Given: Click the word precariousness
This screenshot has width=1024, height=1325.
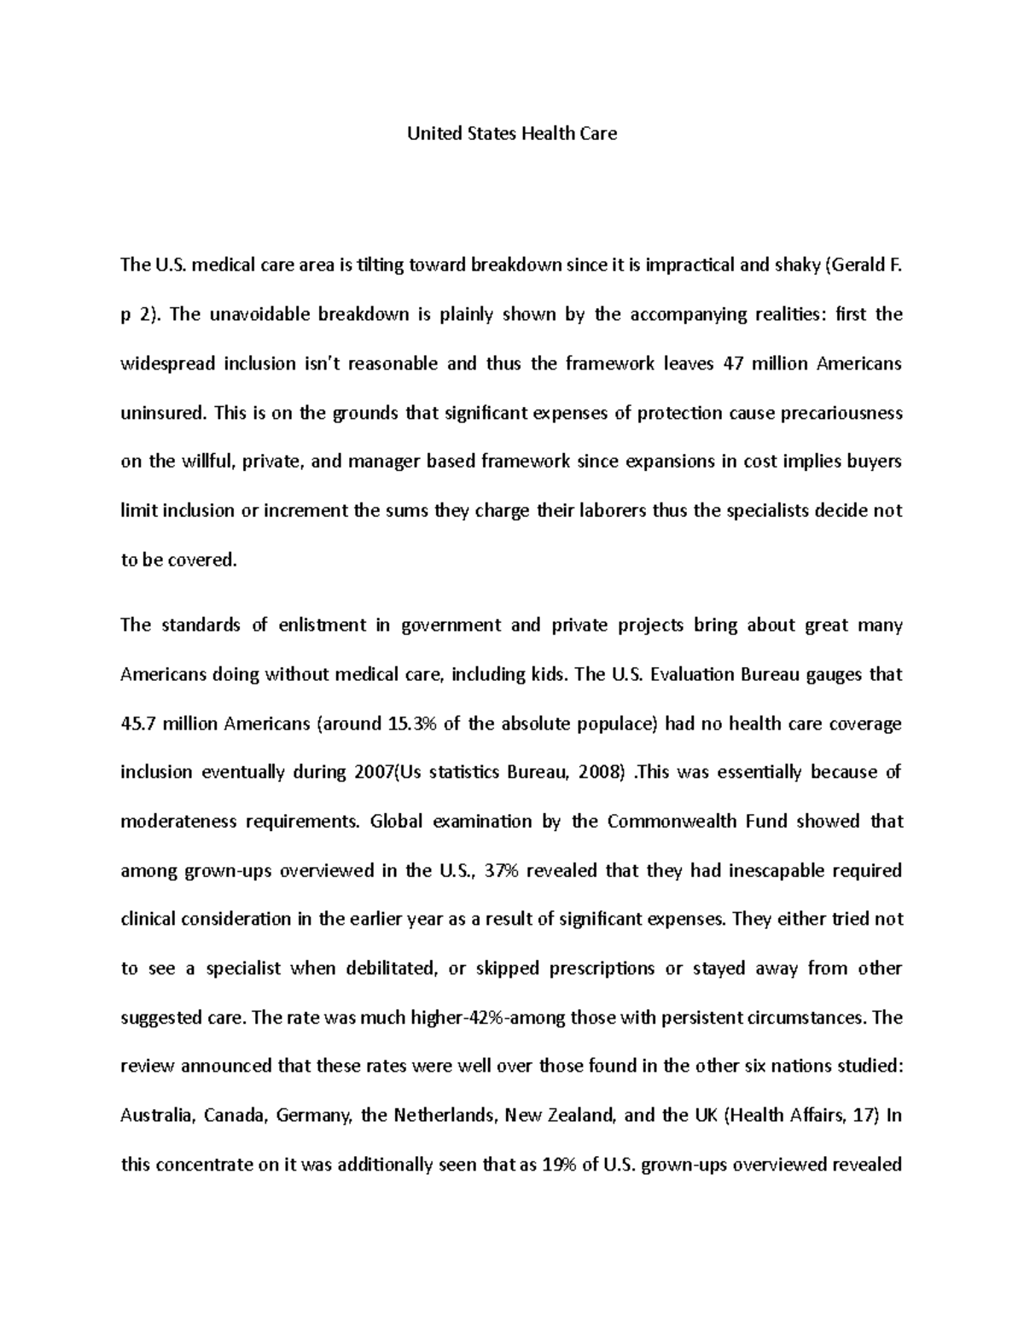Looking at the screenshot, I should coord(839,414).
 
